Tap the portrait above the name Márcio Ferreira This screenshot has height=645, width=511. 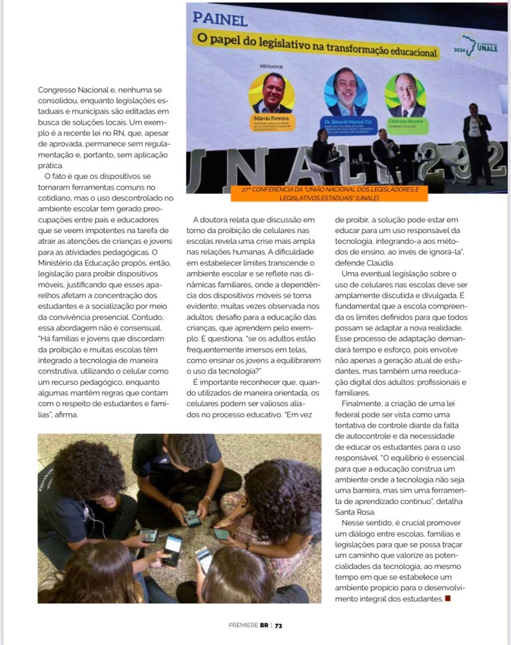[272, 93]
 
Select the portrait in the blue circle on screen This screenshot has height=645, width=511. [345, 93]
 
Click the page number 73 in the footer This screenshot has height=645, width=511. [278, 625]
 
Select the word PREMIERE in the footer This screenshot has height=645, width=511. [243, 625]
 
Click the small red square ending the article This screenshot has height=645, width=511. [447, 598]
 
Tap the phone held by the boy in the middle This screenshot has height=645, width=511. [192, 518]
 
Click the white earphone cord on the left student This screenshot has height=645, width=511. [88, 517]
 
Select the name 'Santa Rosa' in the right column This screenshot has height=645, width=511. [356, 513]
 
